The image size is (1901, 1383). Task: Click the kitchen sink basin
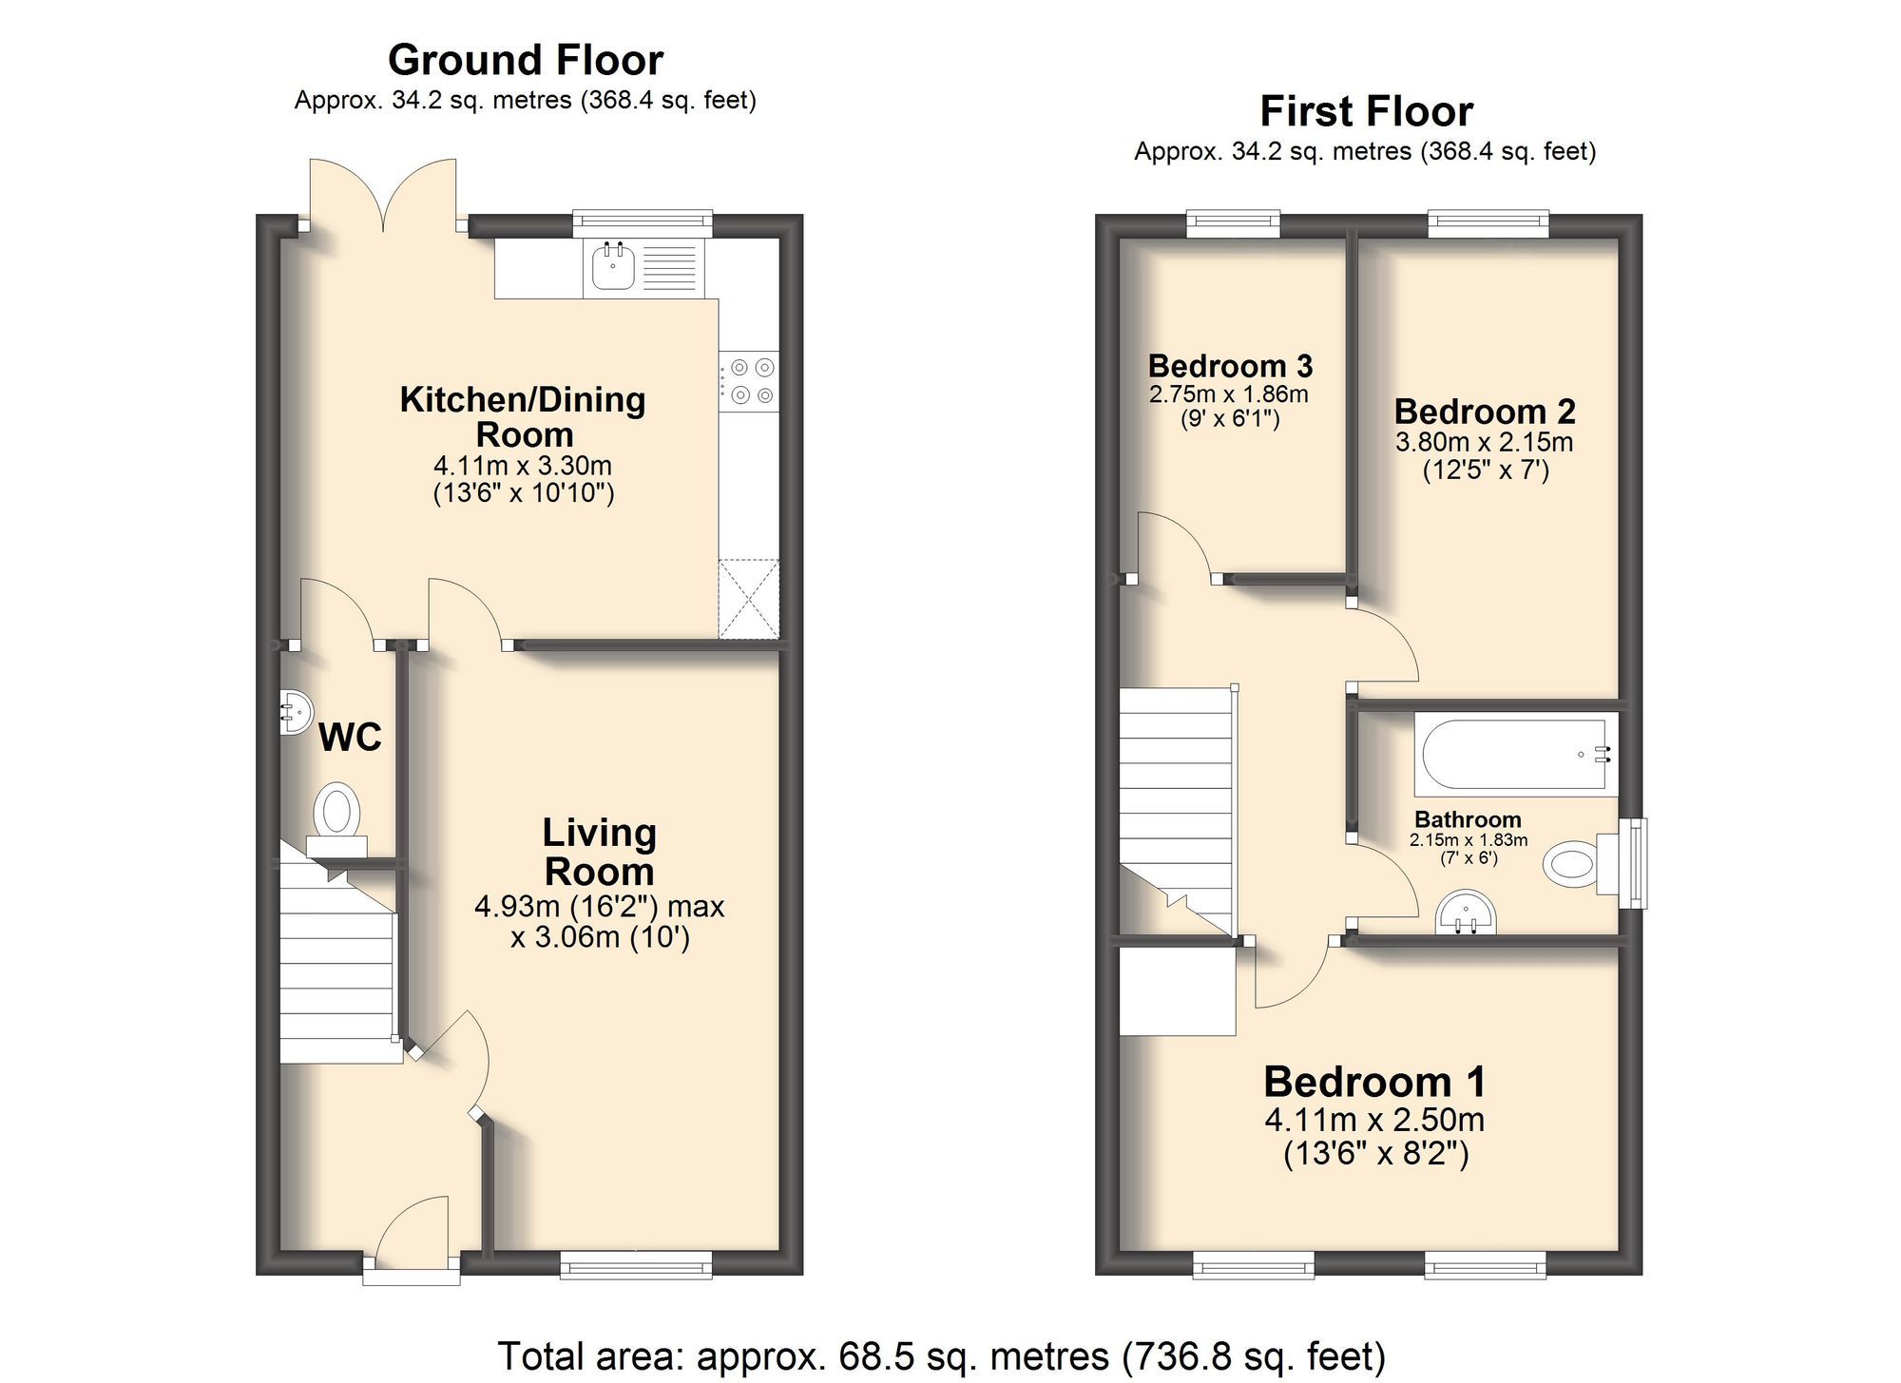613,266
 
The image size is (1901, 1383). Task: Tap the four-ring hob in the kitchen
750,381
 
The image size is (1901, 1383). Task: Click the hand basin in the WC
297,712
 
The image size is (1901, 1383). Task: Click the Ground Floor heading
525,60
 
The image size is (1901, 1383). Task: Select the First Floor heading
1366,111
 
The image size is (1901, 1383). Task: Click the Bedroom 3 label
1230,366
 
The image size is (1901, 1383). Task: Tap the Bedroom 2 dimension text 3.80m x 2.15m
1484,442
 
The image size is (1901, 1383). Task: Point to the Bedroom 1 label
1373,1082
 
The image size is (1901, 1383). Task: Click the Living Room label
599,852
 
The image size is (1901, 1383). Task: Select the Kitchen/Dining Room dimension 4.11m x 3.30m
523,466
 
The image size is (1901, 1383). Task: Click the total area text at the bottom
941,1355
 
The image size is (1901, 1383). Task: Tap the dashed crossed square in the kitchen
749,599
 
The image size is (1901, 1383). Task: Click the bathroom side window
1634,863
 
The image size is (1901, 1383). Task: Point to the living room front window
636,1265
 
